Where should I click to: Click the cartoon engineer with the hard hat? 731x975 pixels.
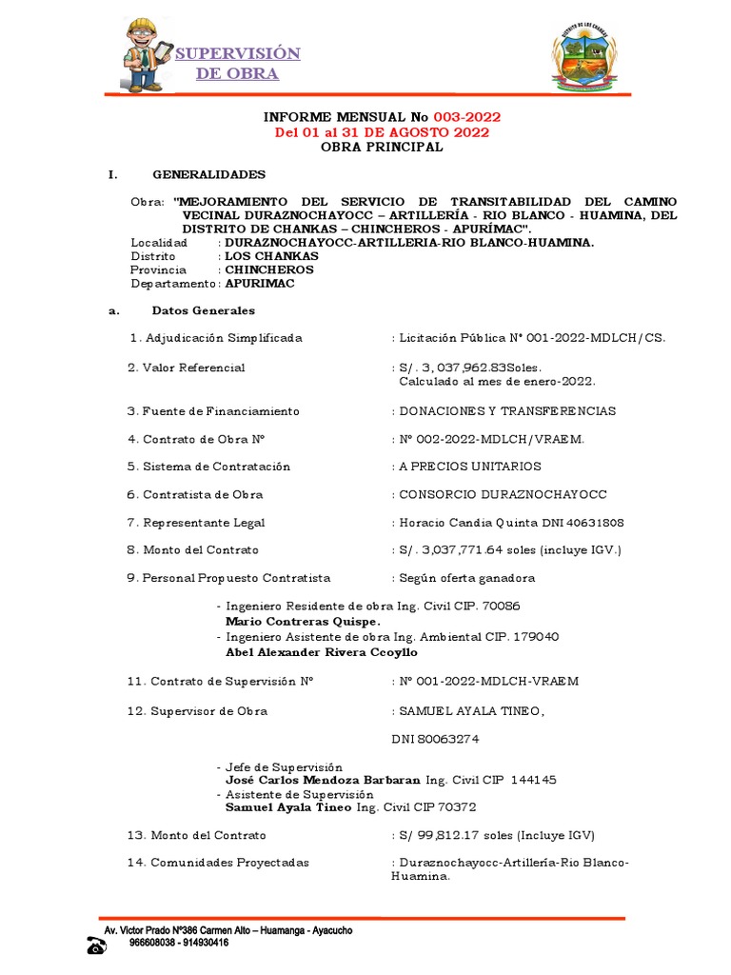148,54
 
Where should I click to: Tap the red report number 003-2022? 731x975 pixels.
466,117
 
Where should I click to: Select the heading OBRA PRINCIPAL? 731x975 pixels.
381,147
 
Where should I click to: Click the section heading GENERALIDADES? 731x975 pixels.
209,174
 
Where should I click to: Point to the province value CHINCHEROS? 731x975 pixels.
268,269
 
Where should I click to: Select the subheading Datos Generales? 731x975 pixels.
203,310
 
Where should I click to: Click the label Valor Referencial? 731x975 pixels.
193,368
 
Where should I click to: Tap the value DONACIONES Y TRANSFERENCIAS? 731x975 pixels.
508,411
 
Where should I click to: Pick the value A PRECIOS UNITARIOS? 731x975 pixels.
470,467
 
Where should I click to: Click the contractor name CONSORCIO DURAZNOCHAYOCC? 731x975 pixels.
503,495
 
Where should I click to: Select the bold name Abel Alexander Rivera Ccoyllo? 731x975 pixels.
321,652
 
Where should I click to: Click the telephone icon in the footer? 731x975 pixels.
95,945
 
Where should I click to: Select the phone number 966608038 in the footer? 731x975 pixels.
158,943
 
